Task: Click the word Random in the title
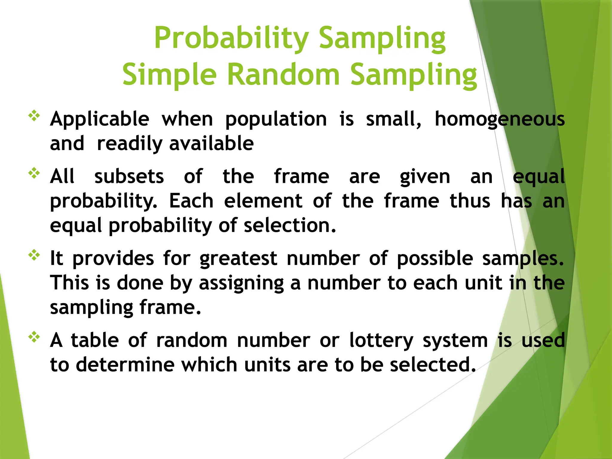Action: point(283,75)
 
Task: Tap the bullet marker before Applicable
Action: point(34,116)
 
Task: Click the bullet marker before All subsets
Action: point(34,173)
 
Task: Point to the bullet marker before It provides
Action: point(34,255)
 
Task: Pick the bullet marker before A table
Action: point(34,337)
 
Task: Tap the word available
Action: point(212,143)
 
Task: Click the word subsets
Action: point(129,177)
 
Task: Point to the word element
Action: point(263,201)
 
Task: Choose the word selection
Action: point(290,225)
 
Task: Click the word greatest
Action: point(238,259)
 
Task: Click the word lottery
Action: point(382,341)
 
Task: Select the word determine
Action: point(125,365)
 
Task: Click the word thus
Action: point(470,201)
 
